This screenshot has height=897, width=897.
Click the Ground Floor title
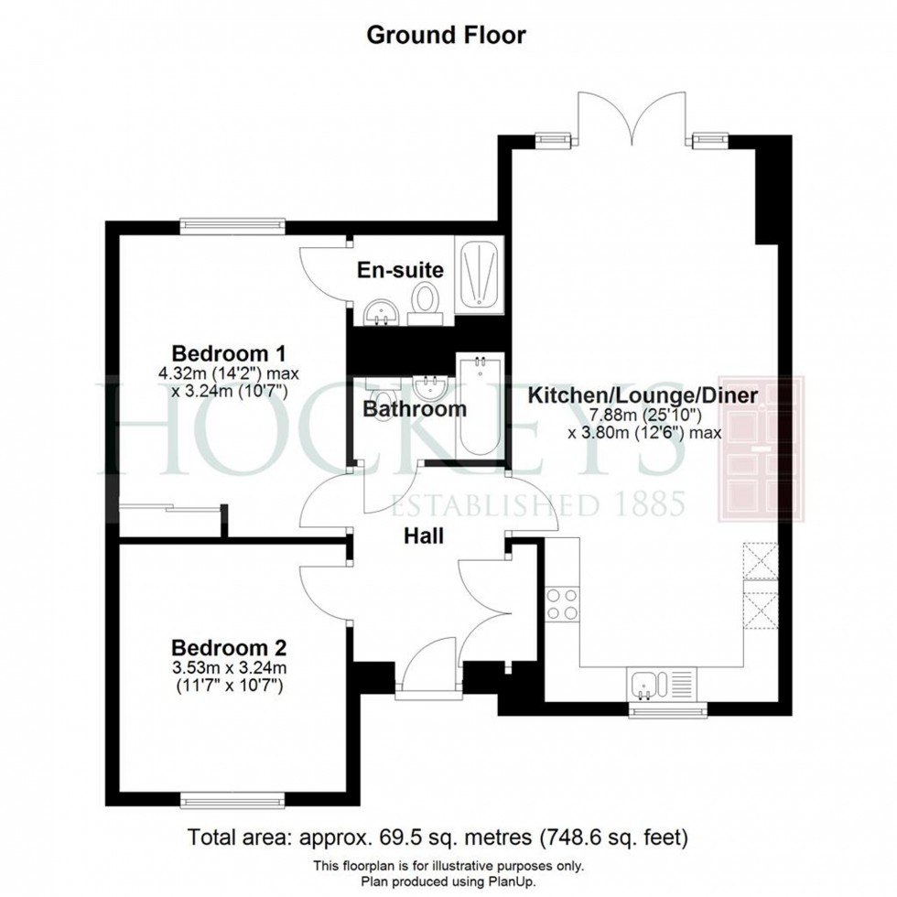pos(447,36)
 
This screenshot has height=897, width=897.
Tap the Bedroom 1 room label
pos(231,352)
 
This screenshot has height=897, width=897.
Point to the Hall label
pos(424,535)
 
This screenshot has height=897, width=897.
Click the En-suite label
pos(400,270)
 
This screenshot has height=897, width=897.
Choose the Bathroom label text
pos(415,409)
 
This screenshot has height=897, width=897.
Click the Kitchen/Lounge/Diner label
pos(643,396)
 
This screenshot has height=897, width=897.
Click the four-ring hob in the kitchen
pos(561,604)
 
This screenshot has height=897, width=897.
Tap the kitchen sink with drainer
pos(663,683)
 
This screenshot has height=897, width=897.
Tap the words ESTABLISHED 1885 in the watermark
pos(538,503)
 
